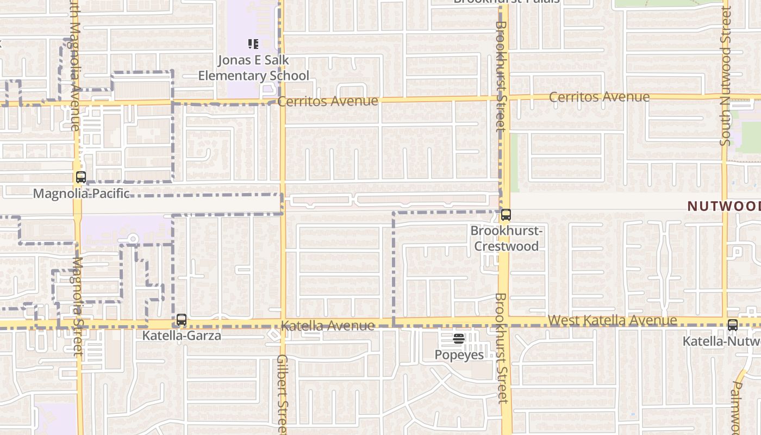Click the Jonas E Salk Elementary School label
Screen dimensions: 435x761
(253, 68)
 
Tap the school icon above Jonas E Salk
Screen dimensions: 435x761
(253, 44)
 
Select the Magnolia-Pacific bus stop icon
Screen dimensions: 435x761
(81, 177)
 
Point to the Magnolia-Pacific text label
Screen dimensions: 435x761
(82, 193)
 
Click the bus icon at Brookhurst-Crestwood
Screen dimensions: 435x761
(506, 215)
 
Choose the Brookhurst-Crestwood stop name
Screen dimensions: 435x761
(506, 238)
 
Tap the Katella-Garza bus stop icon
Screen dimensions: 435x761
(182, 320)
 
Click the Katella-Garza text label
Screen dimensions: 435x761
(182, 335)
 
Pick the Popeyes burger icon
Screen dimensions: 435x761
(459, 339)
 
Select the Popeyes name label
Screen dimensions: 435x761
(459, 355)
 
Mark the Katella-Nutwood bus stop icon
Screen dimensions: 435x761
(733, 325)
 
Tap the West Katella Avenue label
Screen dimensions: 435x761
(613, 320)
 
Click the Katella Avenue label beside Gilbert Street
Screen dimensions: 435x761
(328, 326)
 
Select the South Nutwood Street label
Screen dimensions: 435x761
(726, 76)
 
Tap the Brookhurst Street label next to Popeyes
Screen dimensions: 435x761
(502, 348)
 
